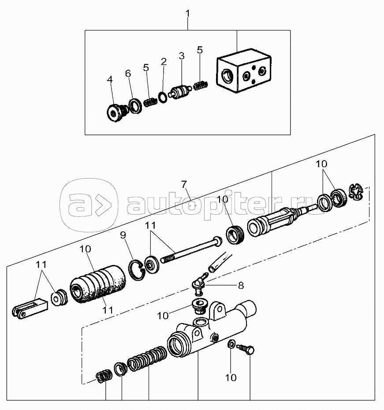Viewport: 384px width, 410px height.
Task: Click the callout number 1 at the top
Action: tap(188, 13)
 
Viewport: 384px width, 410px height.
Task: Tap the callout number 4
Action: tap(110, 79)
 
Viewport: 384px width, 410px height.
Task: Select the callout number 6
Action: tap(128, 74)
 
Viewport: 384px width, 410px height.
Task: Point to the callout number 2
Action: tap(164, 62)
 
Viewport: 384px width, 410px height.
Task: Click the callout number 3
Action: tap(181, 56)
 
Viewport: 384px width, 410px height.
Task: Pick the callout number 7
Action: tap(184, 185)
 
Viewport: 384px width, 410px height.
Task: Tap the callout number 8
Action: tap(241, 285)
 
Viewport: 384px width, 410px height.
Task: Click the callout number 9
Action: tap(123, 235)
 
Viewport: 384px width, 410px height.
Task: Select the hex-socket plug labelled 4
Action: tap(116, 112)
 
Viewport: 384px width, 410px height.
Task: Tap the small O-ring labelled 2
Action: tap(163, 98)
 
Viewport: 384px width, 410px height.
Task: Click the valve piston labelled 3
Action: tap(181, 92)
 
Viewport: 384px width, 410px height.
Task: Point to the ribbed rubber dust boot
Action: tap(98, 284)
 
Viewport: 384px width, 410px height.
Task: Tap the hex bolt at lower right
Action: tap(246, 349)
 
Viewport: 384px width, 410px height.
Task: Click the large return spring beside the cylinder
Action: tap(147, 358)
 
